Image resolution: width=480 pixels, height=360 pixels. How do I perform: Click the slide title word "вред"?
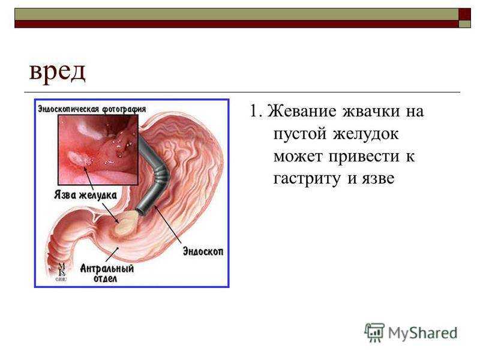pos(57,72)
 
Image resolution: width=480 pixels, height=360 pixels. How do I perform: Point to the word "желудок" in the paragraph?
pos(366,134)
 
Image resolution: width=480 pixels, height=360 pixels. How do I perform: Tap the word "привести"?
pos(364,157)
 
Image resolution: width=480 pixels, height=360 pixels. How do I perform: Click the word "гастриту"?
pos(307,179)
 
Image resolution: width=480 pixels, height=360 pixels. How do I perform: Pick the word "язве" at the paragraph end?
pos(378,179)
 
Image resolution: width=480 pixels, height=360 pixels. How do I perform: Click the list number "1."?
pos(256,110)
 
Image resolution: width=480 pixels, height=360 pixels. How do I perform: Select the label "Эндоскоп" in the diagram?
pos(203,251)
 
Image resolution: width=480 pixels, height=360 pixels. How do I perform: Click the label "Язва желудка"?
pos(85,194)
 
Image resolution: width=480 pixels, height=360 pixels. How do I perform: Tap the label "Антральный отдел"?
pos(107,273)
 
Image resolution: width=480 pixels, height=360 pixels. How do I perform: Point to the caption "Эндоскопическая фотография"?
pos(92,109)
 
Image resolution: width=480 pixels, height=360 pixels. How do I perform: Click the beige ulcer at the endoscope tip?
pos(127,223)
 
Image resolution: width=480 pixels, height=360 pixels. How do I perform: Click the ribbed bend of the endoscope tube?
pos(161,175)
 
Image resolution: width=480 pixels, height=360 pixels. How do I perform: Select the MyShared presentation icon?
pos(374,332)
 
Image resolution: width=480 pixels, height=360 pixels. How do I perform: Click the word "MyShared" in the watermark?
pos(423,333)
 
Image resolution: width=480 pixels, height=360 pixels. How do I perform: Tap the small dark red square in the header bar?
pos(464,14)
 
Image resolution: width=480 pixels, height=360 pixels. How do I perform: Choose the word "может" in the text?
pos(298,157)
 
